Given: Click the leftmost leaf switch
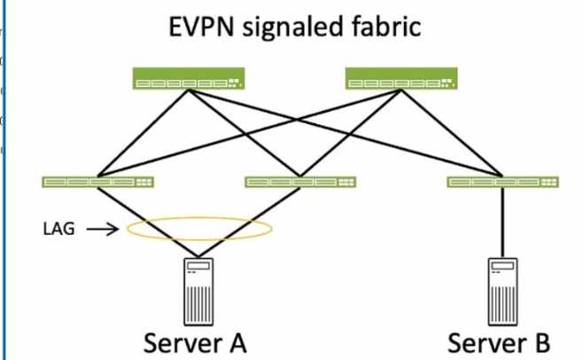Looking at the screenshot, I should tap(97, 182).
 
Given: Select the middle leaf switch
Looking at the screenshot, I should tap(300, 182).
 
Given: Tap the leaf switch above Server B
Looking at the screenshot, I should tap(502, 182).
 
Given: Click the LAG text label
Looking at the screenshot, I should tap(58, 229).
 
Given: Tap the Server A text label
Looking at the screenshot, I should tap(195, 341).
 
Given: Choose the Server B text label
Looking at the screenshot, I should tap(499, 341).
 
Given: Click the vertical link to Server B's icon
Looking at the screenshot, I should tap(501, 222).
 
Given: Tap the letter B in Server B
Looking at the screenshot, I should tap(540, 341).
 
